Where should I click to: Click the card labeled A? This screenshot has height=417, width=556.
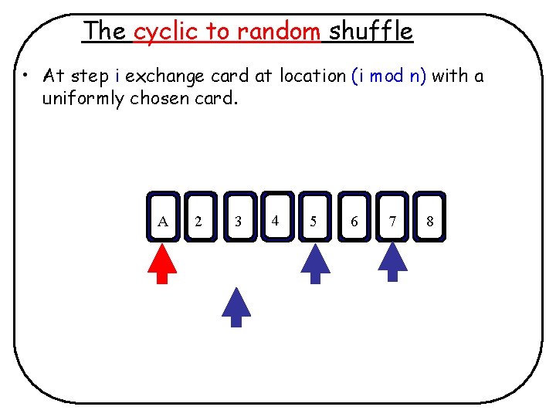(x=163, y=217)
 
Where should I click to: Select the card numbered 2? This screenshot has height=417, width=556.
(x=200, y=217)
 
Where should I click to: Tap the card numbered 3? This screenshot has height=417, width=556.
(x=239, y=217)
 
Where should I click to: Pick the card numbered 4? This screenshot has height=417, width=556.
(x=276, y=217)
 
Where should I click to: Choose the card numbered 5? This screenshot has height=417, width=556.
(x=314, y=217)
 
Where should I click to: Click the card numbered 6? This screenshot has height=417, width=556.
(x=354, y=217)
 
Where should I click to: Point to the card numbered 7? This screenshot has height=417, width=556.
(x=392, y=217)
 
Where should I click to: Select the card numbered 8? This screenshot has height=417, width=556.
(x=429, y=217)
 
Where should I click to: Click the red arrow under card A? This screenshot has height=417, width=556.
(x=162, y=264)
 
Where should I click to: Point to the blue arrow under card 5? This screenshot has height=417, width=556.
(x=314, y=264)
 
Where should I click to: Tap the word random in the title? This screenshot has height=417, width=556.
(x=279, y=32)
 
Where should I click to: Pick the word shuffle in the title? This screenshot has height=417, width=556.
(x=371, y=32)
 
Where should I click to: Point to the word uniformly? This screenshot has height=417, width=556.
(x=84, y=99)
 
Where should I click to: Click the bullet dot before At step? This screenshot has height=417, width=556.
(x=25, y=76)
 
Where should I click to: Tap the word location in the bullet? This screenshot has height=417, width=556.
(x=313, y=76)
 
